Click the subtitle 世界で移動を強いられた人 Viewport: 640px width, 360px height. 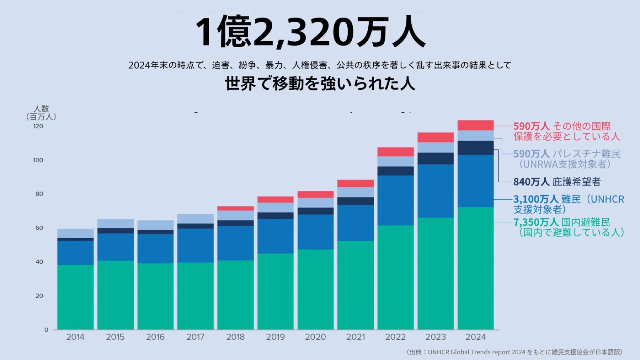click(x=320, y=84)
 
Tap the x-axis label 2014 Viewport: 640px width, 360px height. click(x=75, y=337)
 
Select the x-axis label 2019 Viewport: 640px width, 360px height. click(x=276, y=337)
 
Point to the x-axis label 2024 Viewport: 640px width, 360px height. click(x=475, y=337)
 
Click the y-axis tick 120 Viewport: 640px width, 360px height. click(x=38, y=126)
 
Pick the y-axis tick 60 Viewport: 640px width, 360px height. click(x=39, y=228)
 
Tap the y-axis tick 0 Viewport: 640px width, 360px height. click(x=46, y=330)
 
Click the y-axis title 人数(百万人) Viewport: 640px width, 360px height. click(x=41, y=113)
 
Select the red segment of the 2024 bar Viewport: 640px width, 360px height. click(x=475, y=125)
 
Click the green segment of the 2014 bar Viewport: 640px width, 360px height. click(x=75, y=297)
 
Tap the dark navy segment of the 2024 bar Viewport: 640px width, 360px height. click(x=475, y=147)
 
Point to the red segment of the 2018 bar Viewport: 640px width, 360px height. click(x=235, y=209)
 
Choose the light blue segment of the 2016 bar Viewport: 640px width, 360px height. click(x=155, y=225)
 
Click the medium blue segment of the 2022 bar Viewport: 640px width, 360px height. click(x=395, y=200)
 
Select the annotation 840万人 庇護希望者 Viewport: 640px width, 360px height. click(x=557, y=182)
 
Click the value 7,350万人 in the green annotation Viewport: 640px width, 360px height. click(x=536, y=222)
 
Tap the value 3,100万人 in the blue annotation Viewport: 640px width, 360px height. click(x=536, y=199)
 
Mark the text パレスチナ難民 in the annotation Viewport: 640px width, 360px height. click(x=586, y=154)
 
